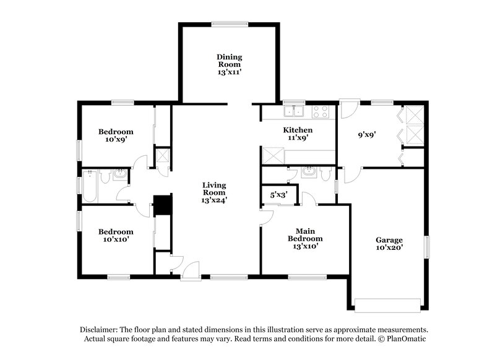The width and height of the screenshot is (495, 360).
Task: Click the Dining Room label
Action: [228, 61]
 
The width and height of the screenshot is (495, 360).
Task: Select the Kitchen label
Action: [298, 130]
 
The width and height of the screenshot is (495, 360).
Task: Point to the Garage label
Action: [389, 240]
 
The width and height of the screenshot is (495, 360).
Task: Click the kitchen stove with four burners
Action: [320, 111]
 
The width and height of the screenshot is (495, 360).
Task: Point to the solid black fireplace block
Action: [162, 205]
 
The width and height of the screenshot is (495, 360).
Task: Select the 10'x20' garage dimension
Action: [389, 247]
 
